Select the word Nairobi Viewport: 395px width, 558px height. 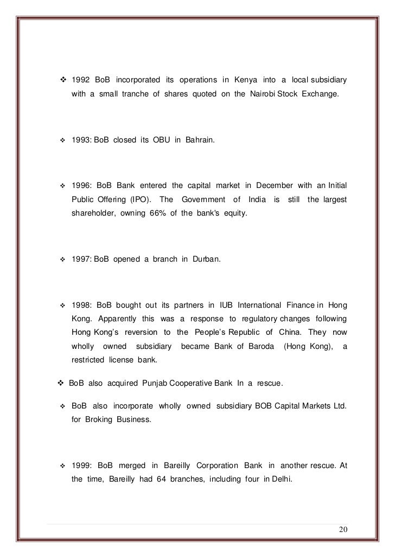[x=262, y=94]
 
